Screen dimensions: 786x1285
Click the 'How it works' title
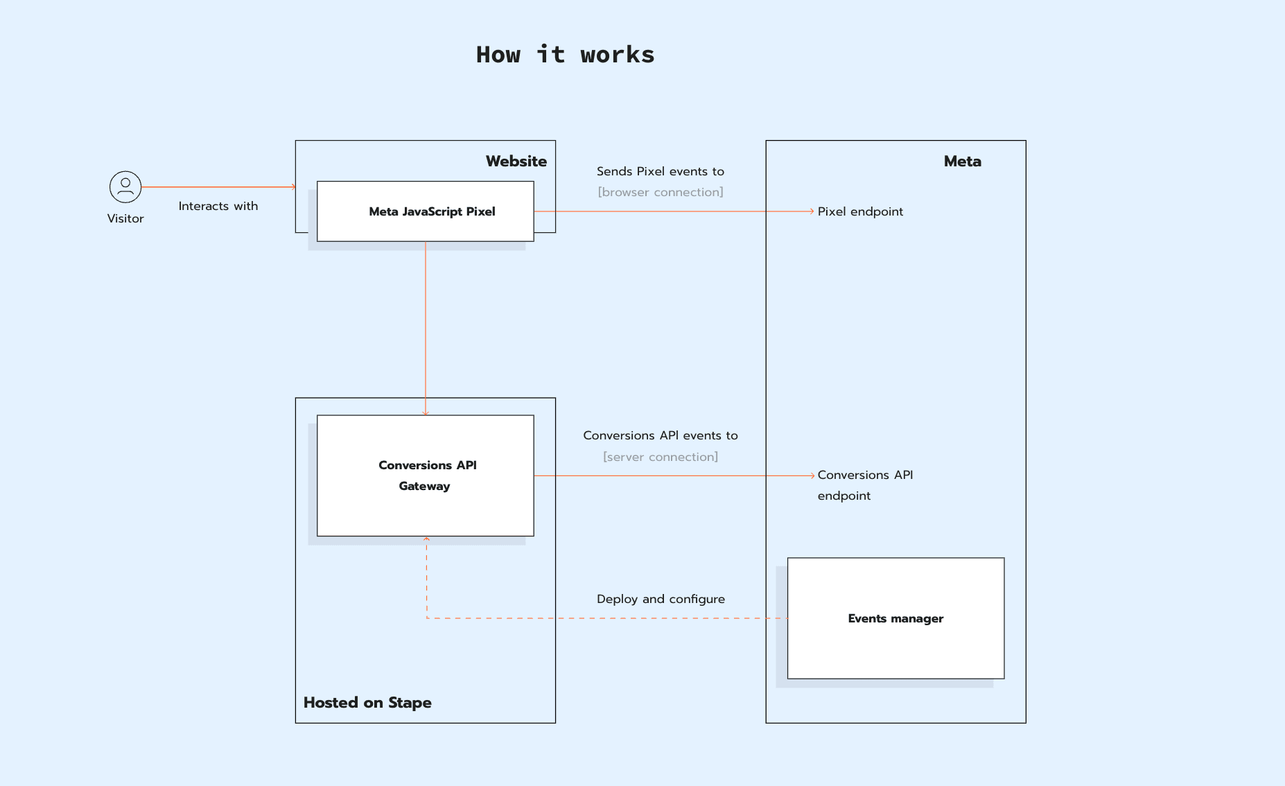point(565,55)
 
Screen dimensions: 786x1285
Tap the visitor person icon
point(125,187)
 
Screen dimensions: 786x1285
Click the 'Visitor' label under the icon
point(125,218)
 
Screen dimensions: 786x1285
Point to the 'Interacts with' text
point(218,206)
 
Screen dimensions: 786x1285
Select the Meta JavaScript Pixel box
point(425,211)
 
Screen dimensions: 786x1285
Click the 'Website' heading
point(516,161)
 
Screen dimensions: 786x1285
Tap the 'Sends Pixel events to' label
point(660,171)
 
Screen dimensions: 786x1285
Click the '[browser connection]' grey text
point(660,192)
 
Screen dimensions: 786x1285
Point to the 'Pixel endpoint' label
point(859,211)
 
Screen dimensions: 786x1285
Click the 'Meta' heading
point(962,161)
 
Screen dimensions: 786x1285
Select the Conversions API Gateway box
point(425,475)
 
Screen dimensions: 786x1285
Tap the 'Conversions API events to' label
point(660,435)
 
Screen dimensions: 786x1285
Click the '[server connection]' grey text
point(660,457)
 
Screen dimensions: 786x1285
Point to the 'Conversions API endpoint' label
point(864,485)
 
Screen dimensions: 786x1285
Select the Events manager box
point(895,618)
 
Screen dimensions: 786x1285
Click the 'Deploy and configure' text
point(660,599)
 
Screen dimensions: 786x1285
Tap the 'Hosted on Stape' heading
point(367,702)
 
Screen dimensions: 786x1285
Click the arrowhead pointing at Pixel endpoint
point(812,211)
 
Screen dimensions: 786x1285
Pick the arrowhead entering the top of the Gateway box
point(426,413)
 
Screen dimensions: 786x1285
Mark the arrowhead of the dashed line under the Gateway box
point(426,539)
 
